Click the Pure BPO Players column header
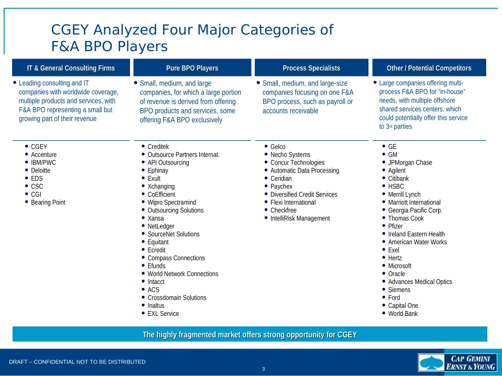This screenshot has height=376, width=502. (192, 68)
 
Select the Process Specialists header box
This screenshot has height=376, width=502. (311, 68)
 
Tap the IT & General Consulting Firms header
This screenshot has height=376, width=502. (71, 68)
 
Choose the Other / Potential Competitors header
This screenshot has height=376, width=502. (429, 68)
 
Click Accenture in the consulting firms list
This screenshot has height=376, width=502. (44, 155)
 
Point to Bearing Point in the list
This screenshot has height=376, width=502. (48, 203)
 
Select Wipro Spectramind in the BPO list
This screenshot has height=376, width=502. (172, 203)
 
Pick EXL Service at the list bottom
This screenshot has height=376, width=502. (163, 314)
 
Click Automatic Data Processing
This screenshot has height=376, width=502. (304, 171)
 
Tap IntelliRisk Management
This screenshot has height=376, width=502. (300, 218)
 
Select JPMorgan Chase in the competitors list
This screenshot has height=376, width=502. (410, 163)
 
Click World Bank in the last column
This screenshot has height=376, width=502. (403, 314)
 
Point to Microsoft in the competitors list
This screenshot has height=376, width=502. (399, 266)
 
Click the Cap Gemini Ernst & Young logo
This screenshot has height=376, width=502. (458, 363)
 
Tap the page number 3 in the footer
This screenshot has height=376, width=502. (264, 369)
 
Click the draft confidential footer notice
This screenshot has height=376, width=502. (77, 362)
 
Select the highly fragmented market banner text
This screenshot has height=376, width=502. (249, 335)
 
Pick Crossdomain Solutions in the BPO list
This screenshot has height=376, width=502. (177, 298)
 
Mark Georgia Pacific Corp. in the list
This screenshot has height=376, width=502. (415, 210)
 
